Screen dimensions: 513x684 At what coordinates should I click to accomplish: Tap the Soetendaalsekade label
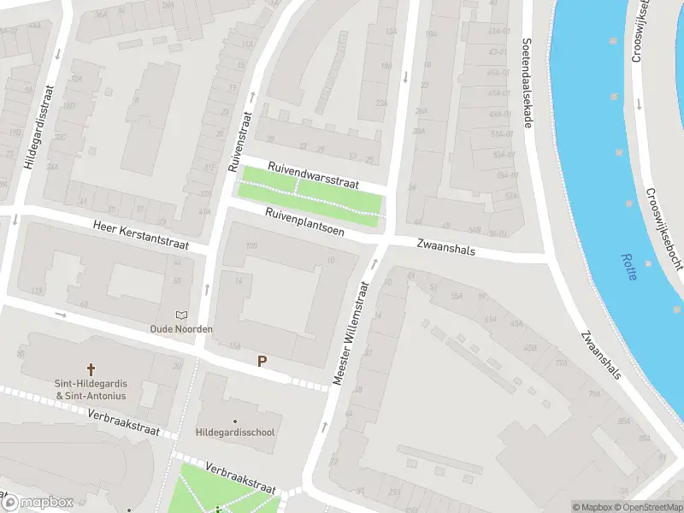[x=528, y=83]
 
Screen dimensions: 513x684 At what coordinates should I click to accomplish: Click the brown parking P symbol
[x=262, y=362]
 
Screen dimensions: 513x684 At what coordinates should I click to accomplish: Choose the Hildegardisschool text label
[x=235, y=433]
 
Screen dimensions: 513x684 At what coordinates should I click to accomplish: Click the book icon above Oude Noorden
[x=180, y=315]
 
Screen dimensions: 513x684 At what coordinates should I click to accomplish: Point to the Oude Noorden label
[x=180, y=329]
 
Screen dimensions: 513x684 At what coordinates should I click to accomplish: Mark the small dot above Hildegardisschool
[x=235, y=421]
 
